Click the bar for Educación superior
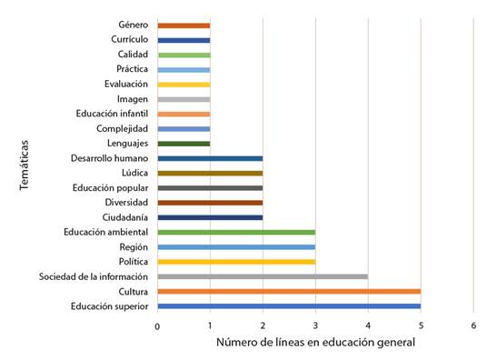click(289, 306)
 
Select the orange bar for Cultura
click(289, 291)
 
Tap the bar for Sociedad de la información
click(263, 276)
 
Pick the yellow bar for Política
click(236, 262)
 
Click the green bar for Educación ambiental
click(236, 232)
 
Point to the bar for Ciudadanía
click(210, 217)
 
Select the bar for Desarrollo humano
click(210, 158)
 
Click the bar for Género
click(184, 25)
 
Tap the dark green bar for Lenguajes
click(184, 144)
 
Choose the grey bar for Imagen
click(184, 99)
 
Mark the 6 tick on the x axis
click(473, 325)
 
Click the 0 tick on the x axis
click(157, 325)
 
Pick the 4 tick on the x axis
click(368, 325)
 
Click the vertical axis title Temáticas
click(25, 165)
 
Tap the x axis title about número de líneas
click(315, 343)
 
